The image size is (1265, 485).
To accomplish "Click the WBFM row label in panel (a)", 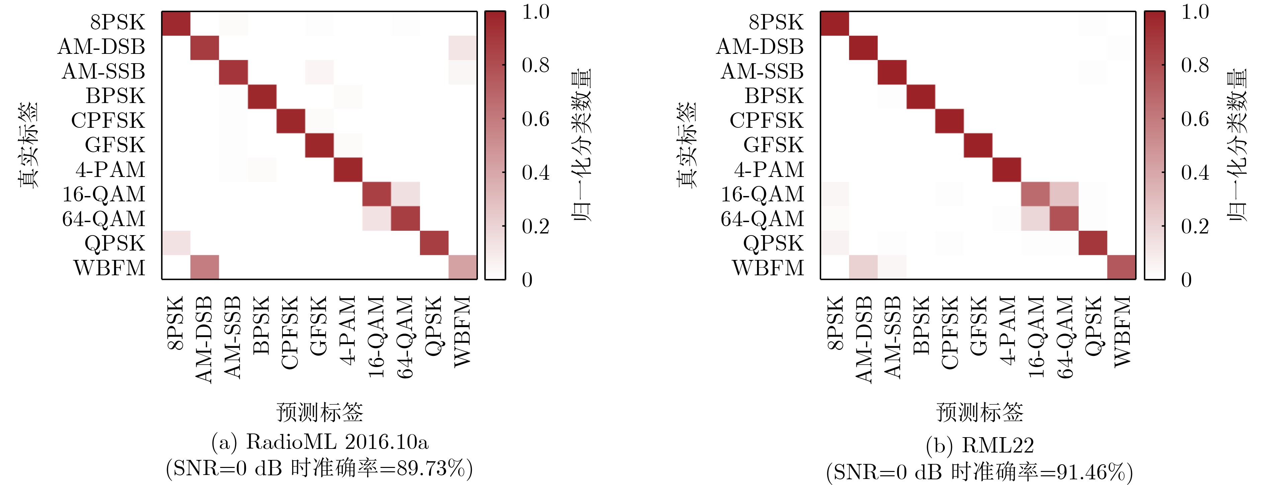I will point(109,268).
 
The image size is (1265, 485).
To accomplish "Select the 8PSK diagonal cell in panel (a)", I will point(176,23).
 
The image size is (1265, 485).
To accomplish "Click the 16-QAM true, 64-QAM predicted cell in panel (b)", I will point(1064,194).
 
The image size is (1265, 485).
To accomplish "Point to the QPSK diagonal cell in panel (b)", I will point(1093,243).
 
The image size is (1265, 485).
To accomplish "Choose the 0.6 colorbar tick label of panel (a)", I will point(535,119).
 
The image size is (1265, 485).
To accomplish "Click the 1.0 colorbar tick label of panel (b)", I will point(1195,12).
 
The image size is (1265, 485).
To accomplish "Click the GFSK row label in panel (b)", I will point(773,145).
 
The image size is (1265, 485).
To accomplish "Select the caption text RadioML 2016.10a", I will point(337,442).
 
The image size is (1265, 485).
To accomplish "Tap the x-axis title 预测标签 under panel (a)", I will point(320,412).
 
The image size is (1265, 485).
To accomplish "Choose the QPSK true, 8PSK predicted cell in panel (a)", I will point(176,243).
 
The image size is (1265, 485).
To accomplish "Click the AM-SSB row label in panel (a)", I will point(103,72).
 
